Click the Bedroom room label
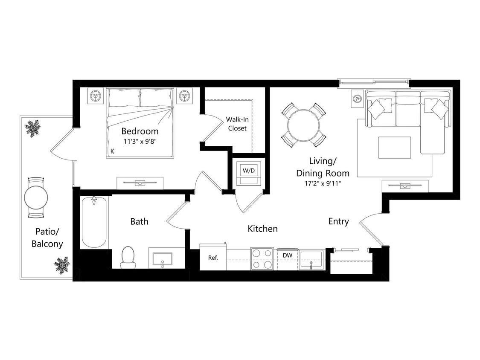coord(140,131)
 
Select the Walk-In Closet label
coord(237,124)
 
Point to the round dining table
coord(303,125)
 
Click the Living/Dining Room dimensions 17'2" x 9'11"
coord(323,183)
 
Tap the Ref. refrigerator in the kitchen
coord(213,258)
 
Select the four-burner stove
coord(262,259)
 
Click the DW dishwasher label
coord(287,255)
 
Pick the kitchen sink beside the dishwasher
coord(311,259)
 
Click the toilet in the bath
coord(128,256)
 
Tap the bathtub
coord(94,222)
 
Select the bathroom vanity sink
coord(162,258)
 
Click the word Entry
coord(338,221)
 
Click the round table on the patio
coord(36,197)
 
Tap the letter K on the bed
coord(113,151)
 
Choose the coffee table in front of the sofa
coord(395,147)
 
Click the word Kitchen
coord(262,229)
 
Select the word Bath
coord(139,221)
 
